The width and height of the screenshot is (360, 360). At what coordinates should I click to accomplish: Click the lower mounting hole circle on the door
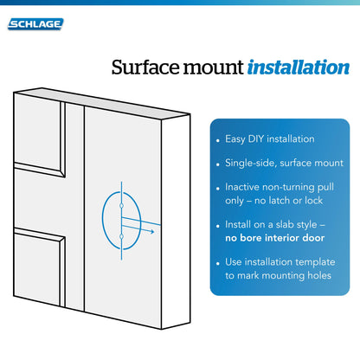(123, 236)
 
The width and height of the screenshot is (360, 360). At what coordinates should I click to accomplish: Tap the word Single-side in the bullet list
(249, 163)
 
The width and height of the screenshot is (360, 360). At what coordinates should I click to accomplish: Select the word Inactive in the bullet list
(244, 187)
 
